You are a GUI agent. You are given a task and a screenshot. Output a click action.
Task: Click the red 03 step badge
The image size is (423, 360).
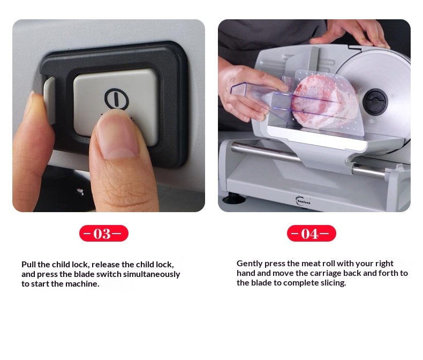(104, 233)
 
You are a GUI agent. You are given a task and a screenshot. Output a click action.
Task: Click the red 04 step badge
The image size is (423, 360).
(312, 233)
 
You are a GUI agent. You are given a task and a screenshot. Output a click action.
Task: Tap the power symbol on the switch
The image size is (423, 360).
(116, 99)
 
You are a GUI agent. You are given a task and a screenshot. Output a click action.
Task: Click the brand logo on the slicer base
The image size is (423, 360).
(303, 200)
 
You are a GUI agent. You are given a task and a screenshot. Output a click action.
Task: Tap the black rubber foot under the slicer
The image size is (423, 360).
(234, 199)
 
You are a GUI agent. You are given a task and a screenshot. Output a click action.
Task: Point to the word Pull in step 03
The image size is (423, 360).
(28, 264)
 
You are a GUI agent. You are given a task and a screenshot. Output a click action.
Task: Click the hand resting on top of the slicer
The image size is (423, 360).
(351, 32)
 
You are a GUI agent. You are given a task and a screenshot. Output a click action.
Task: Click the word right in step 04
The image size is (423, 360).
(384, 264)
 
